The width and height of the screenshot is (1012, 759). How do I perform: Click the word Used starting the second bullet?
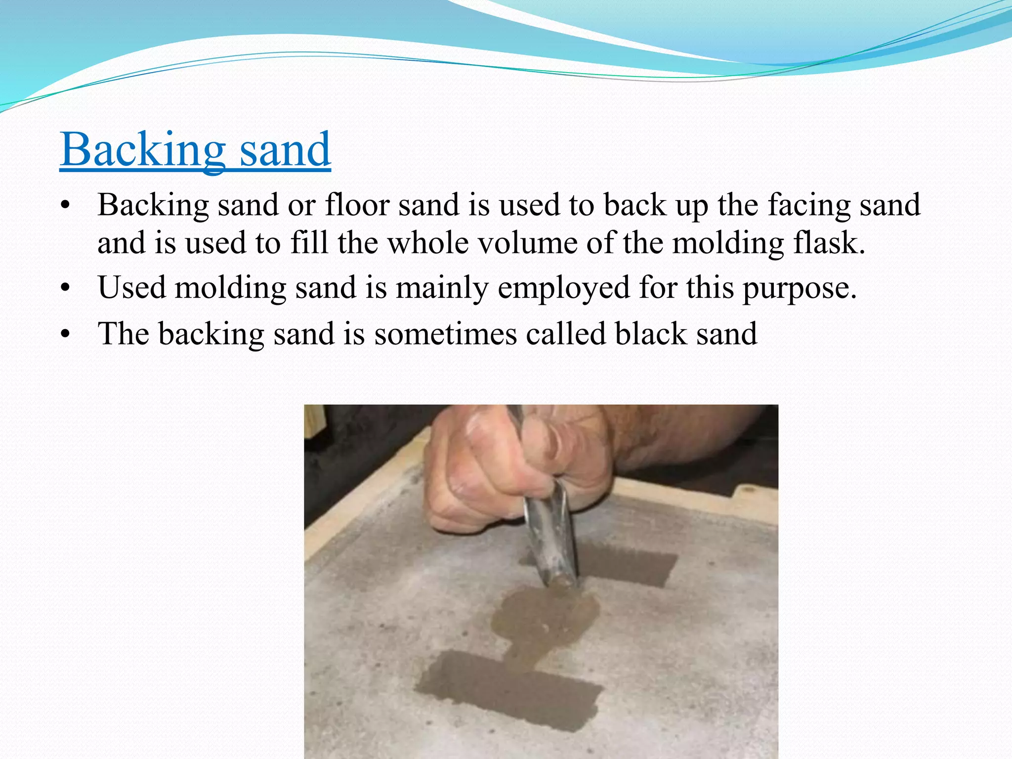tap(131, 287)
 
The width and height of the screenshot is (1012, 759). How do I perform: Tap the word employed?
tap(563, 288)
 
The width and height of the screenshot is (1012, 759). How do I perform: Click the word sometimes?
tap(445, 334)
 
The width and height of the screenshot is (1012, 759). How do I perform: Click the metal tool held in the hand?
tap(549, 534)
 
